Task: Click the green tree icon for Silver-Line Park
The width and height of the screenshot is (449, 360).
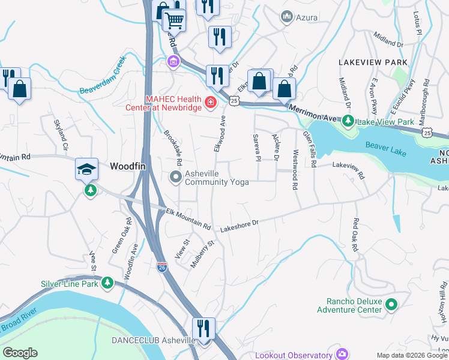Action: (x=107, y=282)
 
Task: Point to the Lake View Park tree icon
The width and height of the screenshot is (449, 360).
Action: (x=348, y=122)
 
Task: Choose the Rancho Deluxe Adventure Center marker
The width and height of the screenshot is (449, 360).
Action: (x=391, y=305)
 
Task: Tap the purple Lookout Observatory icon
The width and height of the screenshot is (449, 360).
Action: (x=342, y=355)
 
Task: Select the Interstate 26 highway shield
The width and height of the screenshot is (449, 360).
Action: (x=162, y=267)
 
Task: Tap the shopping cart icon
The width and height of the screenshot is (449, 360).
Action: (x=174, y=20)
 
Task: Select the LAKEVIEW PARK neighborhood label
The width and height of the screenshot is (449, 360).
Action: (x=373, y=62)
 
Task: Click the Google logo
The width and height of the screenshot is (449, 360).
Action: (x=20, y=353)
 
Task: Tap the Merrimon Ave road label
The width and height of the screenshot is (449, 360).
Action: (x=314, y=112)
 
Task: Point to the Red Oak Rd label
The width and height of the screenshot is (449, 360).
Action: (x=354, y=235)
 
